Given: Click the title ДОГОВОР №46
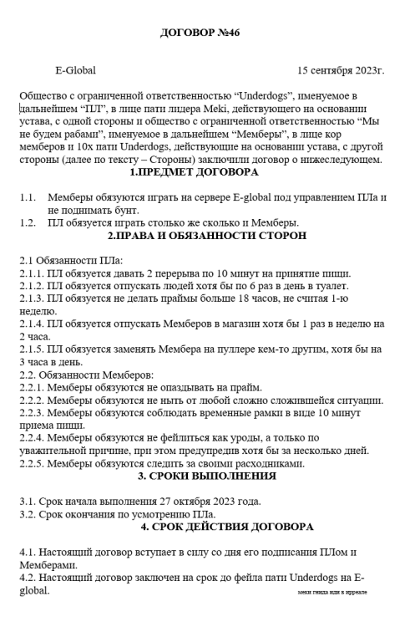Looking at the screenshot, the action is point(205,33).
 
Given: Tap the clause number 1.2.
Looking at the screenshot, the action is point(28,222).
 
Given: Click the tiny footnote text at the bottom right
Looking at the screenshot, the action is point(332,592).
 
